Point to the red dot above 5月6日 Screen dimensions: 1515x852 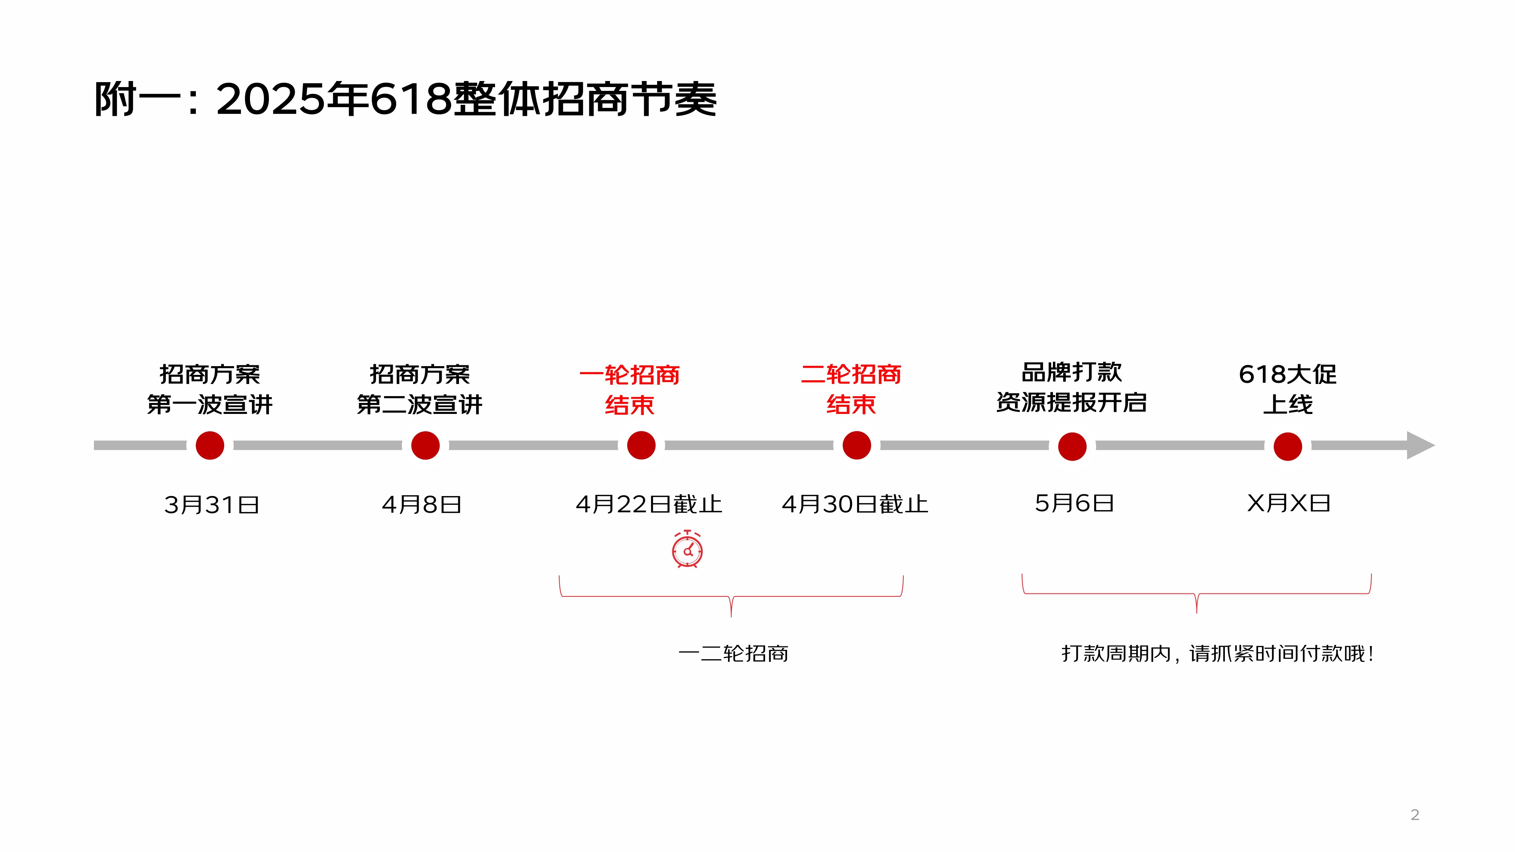click(1072, 446)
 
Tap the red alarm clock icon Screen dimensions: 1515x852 click(687, 549)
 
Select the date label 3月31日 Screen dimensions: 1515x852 click(212, 504)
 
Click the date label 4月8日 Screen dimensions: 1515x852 click(422, 504)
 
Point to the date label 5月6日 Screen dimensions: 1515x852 click(1075, 503)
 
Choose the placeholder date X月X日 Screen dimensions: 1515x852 click(1289, 503)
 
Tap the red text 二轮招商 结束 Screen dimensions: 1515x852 click(851, 389)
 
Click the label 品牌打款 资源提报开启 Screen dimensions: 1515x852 click(1071, 387)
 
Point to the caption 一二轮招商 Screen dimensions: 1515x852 click(733, 653)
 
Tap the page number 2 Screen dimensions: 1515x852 click(1415, 815)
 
